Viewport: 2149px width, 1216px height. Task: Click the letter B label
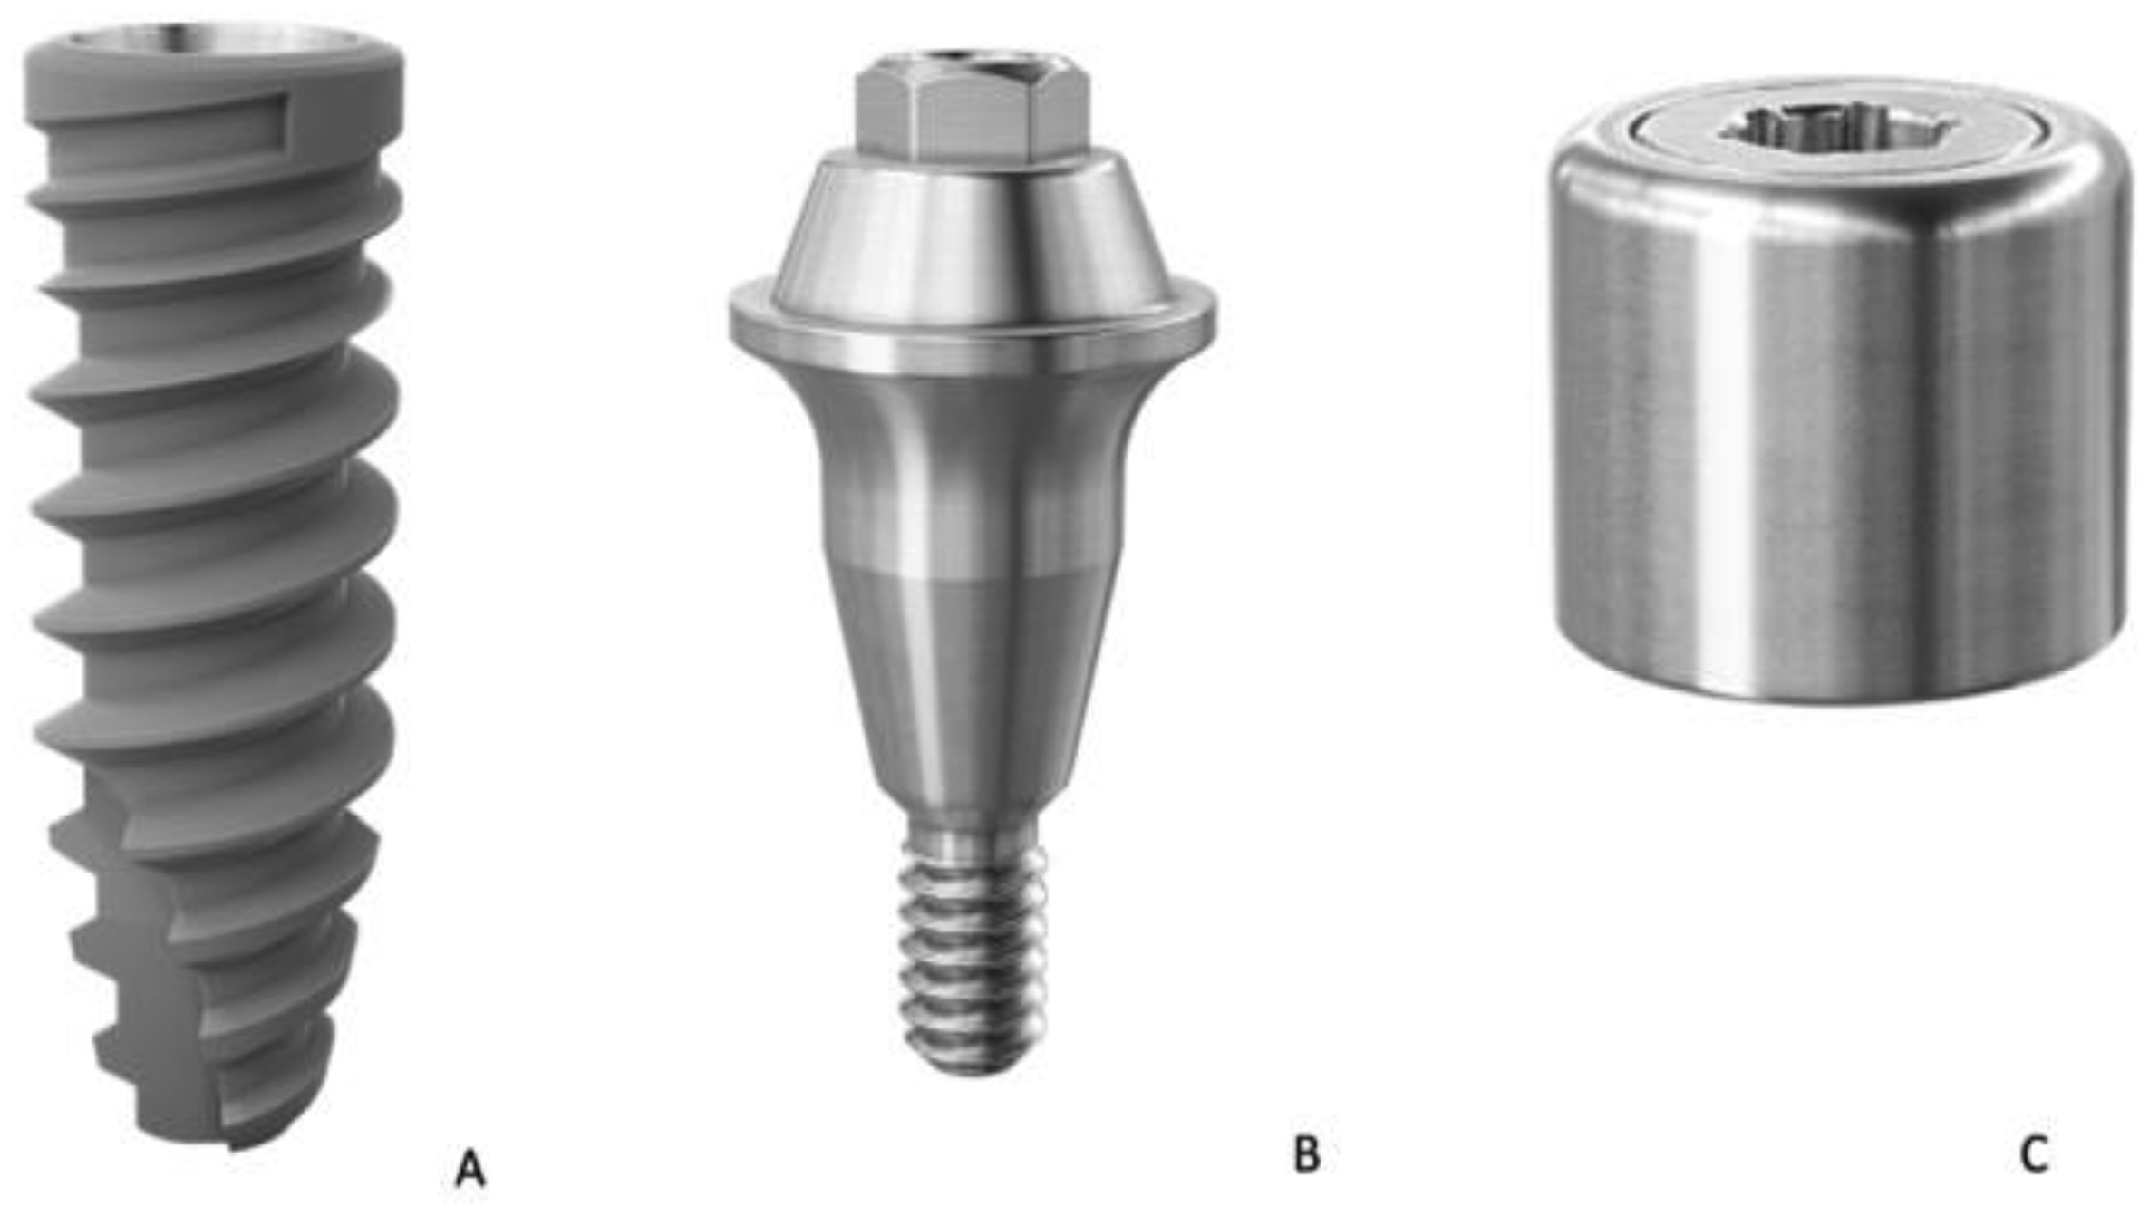tap(1307, 1154)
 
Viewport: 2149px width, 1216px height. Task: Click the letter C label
tap(2033, 1154)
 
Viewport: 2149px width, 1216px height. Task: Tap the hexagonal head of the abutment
tap(972, 114)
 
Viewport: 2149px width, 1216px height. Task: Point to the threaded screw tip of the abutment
tap(973, 960)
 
